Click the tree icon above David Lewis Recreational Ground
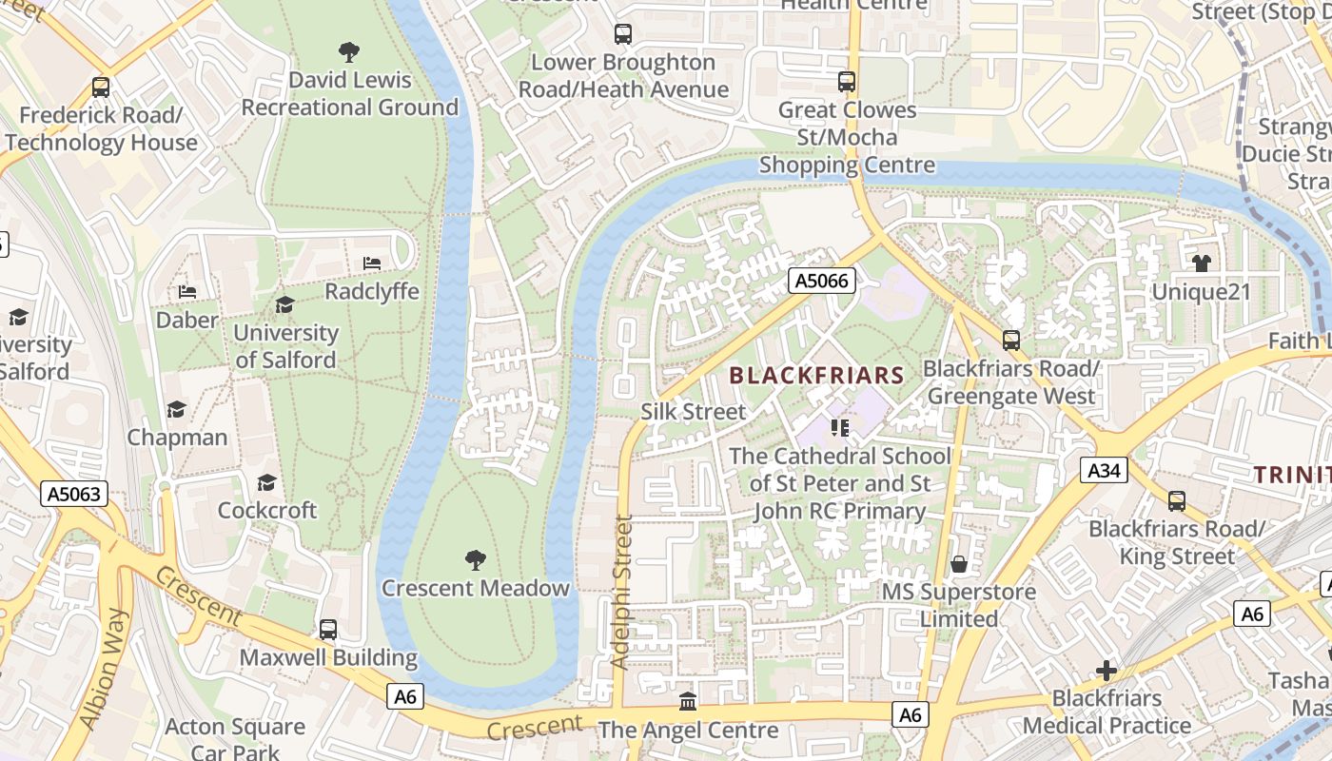tap(349, 51)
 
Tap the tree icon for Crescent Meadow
tap(475, 559)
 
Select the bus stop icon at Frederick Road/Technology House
tap(101, 88)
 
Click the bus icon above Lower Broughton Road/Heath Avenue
tap(623, 34)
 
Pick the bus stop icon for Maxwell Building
tap(328, 629)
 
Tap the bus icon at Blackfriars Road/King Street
tap(1177, 500)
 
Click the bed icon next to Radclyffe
tap(372, 263)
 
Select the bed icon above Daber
tap(187, 291)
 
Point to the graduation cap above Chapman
tap(176, 409)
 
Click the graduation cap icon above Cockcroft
tap(266, 482)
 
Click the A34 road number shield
tap(1104, 470)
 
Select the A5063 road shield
tap(74, 494)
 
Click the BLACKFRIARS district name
tap(816, 375)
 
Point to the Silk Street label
tap(694, 412)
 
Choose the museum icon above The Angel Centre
tap(687, 702)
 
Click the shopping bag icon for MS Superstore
tap(959, 564)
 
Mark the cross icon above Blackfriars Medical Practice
tap(1107, 671)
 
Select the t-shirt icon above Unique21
tap(1202, 263)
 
